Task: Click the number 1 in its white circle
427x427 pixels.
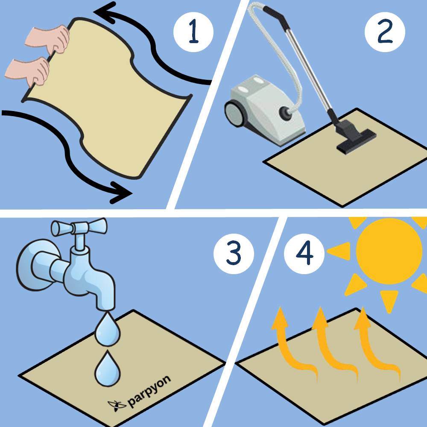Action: point(193,32)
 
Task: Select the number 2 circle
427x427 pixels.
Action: point(385,32)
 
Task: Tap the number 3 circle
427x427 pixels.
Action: point(234,254)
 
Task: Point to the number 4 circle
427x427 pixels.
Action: point(304,254)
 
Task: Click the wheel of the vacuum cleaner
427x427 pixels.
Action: point(234,114)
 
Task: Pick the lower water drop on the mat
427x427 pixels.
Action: point(107,369)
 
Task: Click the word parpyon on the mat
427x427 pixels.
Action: point(149,391)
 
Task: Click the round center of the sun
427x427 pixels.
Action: point(389,251)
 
